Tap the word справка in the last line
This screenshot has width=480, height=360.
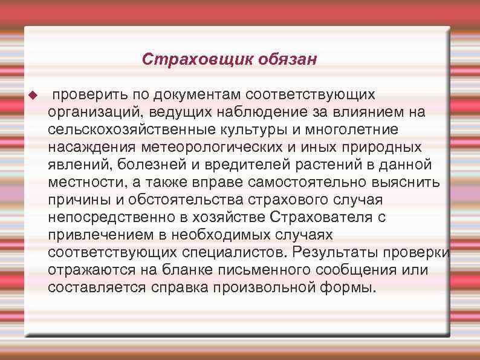point(176,287)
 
